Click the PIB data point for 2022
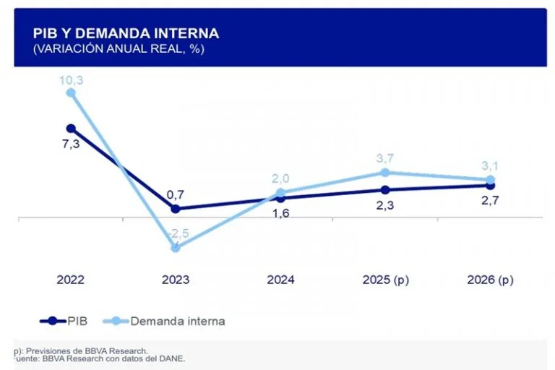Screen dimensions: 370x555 pos(71,128)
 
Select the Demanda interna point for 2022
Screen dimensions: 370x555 pos(71,92)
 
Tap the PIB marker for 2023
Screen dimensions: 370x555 pos(176,208)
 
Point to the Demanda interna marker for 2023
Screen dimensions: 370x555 pos(176,247)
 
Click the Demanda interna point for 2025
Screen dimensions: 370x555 pos(385,172)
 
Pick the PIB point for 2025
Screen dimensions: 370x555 pos(385,190)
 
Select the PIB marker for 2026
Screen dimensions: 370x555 pos(490,185)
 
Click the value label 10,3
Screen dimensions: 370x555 pos(71,79)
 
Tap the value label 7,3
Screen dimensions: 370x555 pos(71,143)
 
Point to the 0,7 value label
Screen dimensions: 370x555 pos(176,194)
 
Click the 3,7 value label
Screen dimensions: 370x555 pos(385,158)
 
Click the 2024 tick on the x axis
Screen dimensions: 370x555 pos(280,280)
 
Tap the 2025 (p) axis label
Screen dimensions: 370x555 pos(385,280)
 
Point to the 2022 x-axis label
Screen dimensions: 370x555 pos(71,280)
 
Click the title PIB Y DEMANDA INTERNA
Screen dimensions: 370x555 pos(126,33)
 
